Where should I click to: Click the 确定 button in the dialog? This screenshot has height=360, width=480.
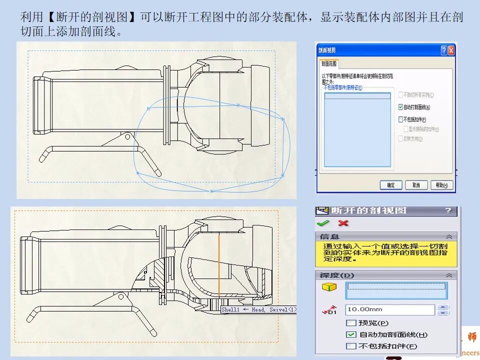(x=391, y=185)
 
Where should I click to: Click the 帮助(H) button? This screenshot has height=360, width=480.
(x=442, y=185)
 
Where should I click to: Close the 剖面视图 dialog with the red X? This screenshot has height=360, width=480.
(x=451, y=50)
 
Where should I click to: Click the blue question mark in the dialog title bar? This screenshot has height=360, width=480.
(x=443, y=50)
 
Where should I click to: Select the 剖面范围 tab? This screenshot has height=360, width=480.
(x=329, y=63)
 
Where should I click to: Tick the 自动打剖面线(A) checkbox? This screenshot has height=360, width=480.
(x=400, y=107)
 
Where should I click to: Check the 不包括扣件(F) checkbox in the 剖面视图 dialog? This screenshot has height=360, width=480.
(x=400, y=119)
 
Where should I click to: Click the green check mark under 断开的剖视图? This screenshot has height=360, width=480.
(x=323, y=223)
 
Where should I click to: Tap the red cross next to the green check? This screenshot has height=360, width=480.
(x=343, y=223)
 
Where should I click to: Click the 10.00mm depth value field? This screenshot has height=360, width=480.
(x=390, y=310)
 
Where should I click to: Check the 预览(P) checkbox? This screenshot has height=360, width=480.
(x=351, y=323)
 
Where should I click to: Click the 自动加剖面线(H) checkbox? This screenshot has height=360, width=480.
(x=351, y=334)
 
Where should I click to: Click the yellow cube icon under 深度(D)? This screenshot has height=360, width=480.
(x=329, y=287)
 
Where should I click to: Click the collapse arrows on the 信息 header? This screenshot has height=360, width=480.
(x=449, y=236)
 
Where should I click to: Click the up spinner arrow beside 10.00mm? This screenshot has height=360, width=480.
(x=442, y=307)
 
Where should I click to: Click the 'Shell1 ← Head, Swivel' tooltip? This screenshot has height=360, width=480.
(x=258, y=309)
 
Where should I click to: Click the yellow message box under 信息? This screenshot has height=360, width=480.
(x=386, y=253)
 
